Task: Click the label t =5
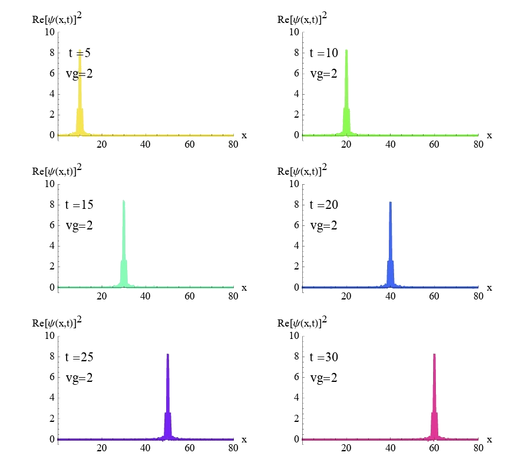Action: pyautogui.click(x=79, y=53)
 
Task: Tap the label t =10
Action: pyautogui.click(x=324, y=53)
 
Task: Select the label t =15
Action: pyautogui.click(x=79, y=205)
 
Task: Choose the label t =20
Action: pyautogui.click(x=324, y=205)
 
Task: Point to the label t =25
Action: pyautogui.click(x=79, y=357)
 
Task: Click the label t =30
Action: pyautogui.click(x=324, y=357)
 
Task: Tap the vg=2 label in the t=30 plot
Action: pyautogui.click(x=323, y=378)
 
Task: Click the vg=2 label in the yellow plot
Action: pyautogui.click(x=79, y=74)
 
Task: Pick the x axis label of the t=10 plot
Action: pyautogui.click(x=489, y=135)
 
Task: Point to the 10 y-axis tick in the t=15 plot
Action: pyautogui.click(x=49, y=184)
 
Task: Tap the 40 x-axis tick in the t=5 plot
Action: pyautogui.click(x=146, y=145)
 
